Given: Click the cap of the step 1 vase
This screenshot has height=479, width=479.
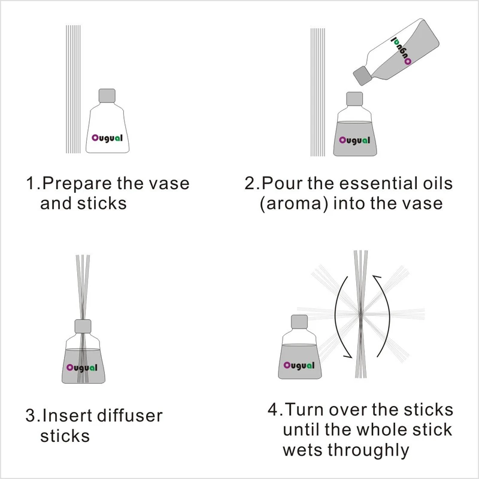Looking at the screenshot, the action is point(107,96).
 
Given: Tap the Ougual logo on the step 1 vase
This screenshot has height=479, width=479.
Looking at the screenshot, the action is point(107,138).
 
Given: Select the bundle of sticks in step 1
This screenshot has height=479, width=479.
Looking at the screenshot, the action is point(73,89).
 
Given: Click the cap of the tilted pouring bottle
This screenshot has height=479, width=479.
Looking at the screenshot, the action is point(363,75).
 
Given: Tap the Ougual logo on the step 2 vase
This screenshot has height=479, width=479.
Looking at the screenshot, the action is point(354,141).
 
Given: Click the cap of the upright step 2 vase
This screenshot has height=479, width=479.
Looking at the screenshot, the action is point(354,99).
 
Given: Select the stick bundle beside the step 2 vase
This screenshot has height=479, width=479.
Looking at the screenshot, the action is point(318,92).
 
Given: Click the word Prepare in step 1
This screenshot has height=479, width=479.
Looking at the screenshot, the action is point(77,184).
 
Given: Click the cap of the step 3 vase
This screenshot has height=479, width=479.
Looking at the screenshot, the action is point(83,326).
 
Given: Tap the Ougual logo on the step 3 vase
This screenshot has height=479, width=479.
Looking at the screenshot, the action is point(82,368).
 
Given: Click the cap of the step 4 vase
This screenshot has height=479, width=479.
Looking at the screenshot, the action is point(299,322).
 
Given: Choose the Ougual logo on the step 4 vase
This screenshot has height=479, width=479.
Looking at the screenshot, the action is point(299,366).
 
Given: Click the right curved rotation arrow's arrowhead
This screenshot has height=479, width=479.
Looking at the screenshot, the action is point(377,277).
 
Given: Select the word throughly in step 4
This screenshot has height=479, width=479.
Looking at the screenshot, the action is point(368,450).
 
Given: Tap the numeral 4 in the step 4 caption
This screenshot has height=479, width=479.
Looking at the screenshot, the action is point(273,410).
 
